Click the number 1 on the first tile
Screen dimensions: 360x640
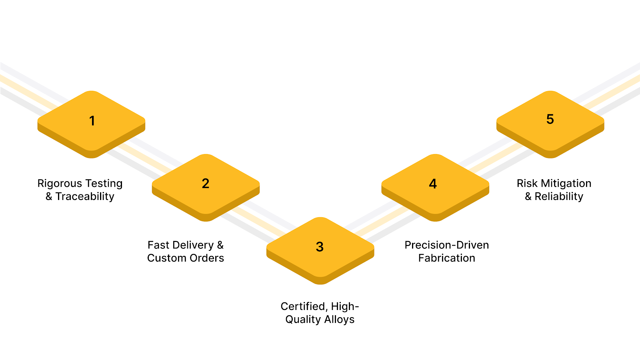coord(92,120)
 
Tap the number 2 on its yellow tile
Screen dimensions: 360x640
coord(206,183)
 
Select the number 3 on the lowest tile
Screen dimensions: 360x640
coord(320,247)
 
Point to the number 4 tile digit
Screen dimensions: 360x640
coord(433,184)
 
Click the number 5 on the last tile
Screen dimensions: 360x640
coord(550,119)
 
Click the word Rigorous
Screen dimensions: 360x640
coord(59,183)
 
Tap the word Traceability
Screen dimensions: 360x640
coord(85,196)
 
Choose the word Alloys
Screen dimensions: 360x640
coord(339,320)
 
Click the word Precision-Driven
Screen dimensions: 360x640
coord(446,245)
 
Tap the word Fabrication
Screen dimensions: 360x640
coord(446,258)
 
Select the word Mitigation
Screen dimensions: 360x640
coord(566,183)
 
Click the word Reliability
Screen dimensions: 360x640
coord(559,196)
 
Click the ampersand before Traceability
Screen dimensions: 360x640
coord(49,196)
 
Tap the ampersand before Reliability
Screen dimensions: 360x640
coord(528,196)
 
